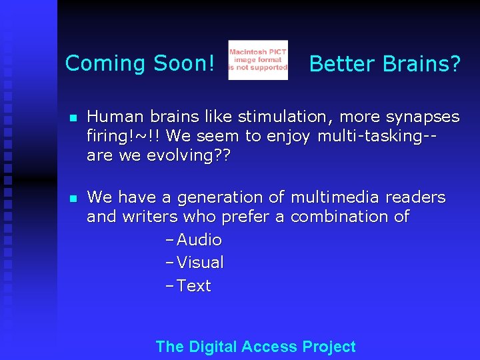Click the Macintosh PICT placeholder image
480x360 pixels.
coord(258,60)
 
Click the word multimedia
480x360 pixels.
coord(325,198)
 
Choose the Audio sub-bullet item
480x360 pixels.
coord(199,240)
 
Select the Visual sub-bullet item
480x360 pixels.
coord(200,263)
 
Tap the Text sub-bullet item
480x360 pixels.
coord(193,286)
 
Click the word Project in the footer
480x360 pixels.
coord(329,347)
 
